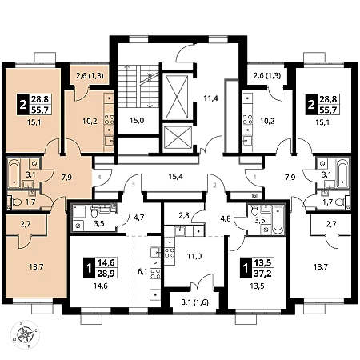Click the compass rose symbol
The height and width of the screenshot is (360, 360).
click(x=25, y=334)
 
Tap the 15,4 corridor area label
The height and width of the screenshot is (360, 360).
click(x=175, y=177)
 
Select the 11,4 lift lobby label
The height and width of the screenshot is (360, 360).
click(x=210, y=98)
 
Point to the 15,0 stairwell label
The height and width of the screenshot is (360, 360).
click(x=137, y=121)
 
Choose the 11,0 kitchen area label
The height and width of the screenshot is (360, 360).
click(x=194, y=257)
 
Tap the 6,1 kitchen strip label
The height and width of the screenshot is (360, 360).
click(x=142, y=272)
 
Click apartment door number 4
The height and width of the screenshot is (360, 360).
click(x=99, y=177)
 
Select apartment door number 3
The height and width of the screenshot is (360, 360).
click(x=134, y=184)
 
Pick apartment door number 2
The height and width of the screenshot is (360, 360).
click(x=214, y=186)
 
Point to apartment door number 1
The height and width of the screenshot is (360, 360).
click(x=255, y=177)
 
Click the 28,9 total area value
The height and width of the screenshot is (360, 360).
click(x=106, y=273)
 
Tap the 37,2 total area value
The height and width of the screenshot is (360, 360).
click(x=262, y=273)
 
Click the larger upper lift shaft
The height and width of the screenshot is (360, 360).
click(x=177, y=97)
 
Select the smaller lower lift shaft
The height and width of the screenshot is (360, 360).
click(x=178, y=137)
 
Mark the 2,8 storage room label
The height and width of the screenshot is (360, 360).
click(x=184, y=215)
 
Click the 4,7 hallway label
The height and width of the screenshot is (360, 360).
click(x=139, y=218)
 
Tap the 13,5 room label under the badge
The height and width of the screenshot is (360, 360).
click(x=257, y=286)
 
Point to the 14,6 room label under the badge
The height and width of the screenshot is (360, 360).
click(x=100, y=286)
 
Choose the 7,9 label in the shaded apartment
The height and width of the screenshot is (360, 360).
click(x=66, y=177)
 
